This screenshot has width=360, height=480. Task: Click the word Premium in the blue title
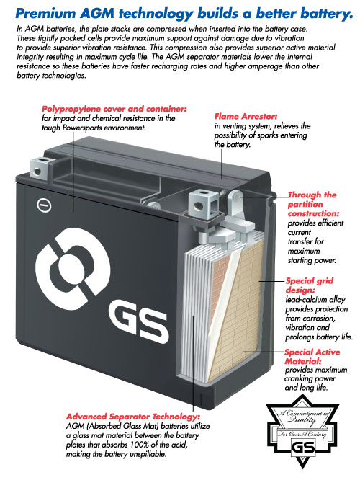point(45,14)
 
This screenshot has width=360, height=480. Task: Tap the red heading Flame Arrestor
point(246,117)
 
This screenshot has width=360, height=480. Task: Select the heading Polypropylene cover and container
point(114,109)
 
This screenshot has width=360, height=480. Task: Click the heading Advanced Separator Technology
point(133,417)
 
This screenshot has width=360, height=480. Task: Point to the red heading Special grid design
point(309,285)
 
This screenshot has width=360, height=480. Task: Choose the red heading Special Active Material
point(312,357)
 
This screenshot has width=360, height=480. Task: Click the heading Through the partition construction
point(313,204)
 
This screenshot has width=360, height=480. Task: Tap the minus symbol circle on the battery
point(44,205)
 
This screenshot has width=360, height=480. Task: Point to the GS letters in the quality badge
point(303,448)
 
